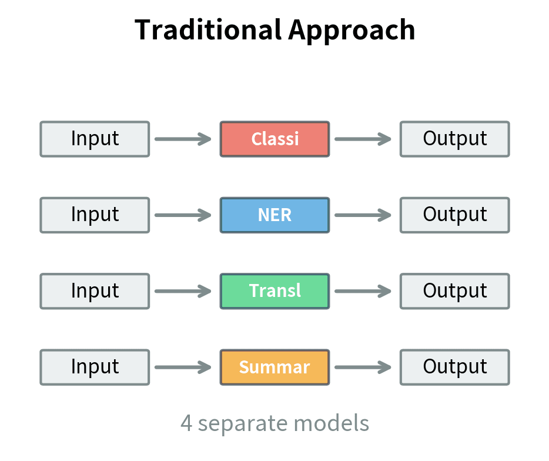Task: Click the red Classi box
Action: pyautogui.click(x=274, y=139)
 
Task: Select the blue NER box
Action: pyautogui.click(x=274, y=215)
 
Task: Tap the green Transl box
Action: pyautogui.click(x=274, y=290)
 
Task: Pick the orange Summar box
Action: pyautogui.click(x=274, y=367)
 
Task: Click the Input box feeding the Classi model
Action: pyautogui.click(x=95, y=139)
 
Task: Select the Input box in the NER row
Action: pyautogui.click(x=95, y=215)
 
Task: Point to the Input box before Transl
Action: pyautogui.click(x=95, y=290)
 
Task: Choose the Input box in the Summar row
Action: pyautogui.click(x=95, y=367)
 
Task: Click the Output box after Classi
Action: pyautogui.click(x=454, y=139)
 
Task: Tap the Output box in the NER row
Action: pyautogui.click(x=454, y=215)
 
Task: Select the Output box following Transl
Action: pyautogui.click(x=454, y=290)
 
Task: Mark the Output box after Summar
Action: pyautogui.click(x=454, y=367)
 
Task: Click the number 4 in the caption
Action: pyautogui.click(x=186, y=423)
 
